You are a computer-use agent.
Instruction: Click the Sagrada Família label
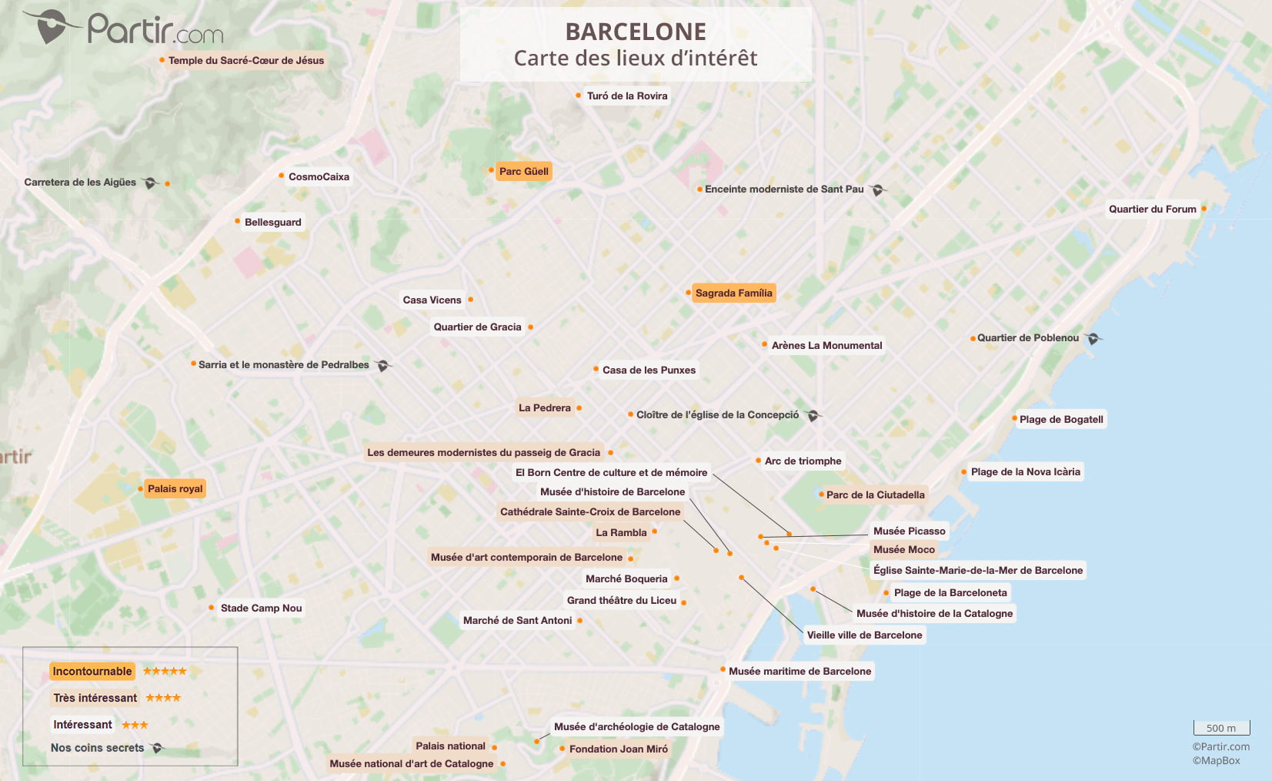(733, 293)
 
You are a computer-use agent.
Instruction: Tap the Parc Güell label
(523, 171)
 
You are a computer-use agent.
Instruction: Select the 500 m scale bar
(1221, 728)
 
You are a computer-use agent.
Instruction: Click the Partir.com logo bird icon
(52, 26)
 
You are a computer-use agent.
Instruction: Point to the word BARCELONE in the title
(636, 32)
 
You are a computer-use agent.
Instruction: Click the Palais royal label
(175, 488)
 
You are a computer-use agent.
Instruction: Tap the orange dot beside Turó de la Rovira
(578, 96)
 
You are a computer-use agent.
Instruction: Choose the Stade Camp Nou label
(261, 608)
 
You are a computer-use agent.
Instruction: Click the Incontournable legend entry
(92, 671)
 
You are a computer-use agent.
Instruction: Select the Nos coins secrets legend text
(97, 747)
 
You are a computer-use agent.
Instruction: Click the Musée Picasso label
(909, 531)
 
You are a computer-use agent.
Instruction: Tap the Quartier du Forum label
(1152, 209)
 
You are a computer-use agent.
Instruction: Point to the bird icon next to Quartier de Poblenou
(1093, 338)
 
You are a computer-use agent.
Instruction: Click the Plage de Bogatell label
(1061, 419)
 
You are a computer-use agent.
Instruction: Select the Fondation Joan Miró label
(618, 749)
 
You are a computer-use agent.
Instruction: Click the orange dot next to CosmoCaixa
(281, 176)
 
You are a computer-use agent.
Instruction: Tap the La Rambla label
(621, 532)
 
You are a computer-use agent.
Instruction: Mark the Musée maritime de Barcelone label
(800, 671)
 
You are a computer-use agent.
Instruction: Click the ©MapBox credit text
(1216, 760)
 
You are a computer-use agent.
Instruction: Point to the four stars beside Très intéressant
(163, 698)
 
